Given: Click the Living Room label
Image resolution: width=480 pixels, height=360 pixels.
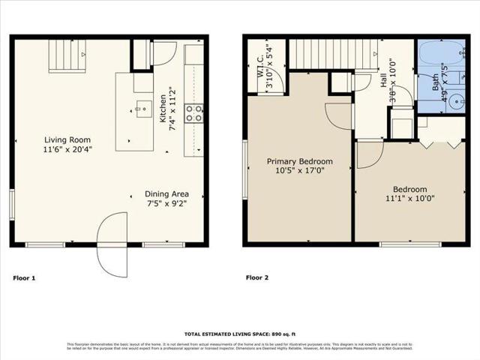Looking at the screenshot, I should click(x=64, y=139).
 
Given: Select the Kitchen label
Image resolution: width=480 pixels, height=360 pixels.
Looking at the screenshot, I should click(x=163, y=108).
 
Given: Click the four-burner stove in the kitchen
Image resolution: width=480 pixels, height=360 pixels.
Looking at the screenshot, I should click(x=193, y=113).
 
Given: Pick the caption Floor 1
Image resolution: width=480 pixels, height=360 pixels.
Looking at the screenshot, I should click(x=24, y=278).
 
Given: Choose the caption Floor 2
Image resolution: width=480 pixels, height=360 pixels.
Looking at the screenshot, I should click(x=258, y=278).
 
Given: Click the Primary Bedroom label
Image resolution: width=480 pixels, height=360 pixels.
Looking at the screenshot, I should click(x=300, y=161).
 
